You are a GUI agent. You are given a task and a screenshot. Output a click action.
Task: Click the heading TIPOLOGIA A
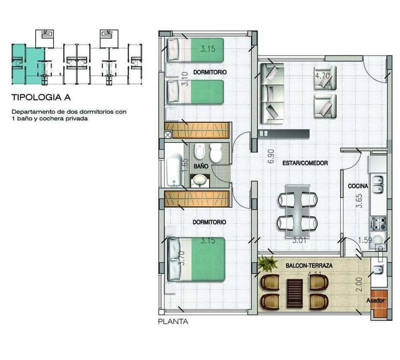(41, 97)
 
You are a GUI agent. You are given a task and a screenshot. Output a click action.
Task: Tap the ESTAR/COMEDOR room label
(305, 163)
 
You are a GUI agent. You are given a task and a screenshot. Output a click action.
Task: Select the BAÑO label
(201, 166)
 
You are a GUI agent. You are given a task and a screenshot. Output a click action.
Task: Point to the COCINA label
(358, 186)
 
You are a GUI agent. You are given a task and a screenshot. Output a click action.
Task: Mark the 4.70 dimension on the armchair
(322, 76)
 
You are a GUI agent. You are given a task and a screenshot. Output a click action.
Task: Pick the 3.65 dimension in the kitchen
(358, 201)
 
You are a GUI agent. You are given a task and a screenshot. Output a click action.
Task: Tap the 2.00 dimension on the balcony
(358, 287)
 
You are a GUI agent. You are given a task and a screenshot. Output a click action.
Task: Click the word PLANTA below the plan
(173, 321)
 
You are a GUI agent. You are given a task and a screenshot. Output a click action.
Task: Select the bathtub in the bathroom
(173, 172)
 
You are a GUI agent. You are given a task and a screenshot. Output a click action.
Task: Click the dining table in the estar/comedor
(298, 208)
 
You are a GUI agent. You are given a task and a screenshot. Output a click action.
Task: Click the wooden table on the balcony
(294, 292)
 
